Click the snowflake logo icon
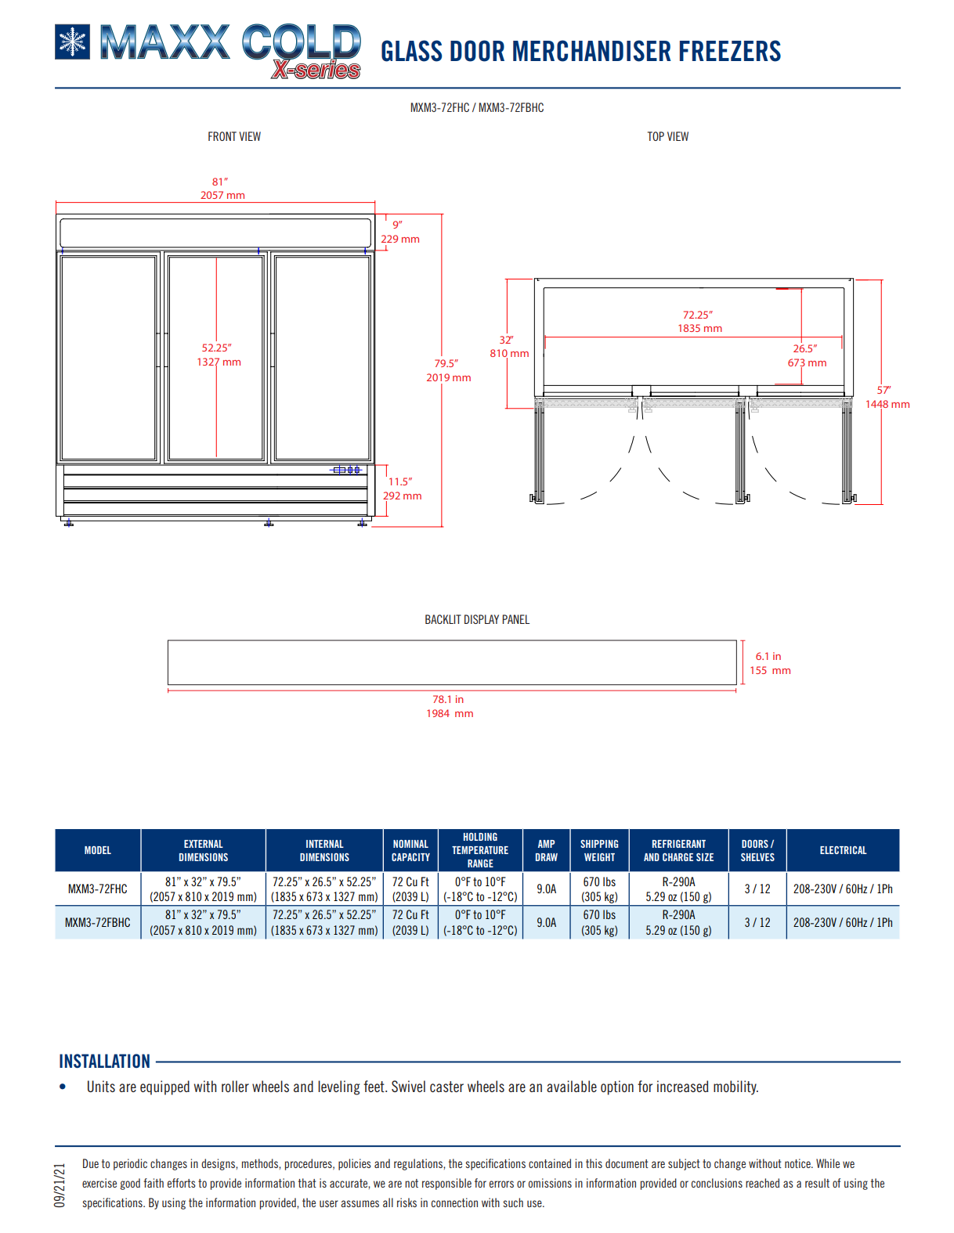(x=72, y=42)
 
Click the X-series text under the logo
(x=316, y=70)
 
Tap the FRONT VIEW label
(x=234, y=137)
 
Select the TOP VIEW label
(x=667, y=137)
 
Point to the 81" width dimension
(x=222, y=189)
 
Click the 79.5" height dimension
(x=448, y=370)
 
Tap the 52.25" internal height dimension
(x=219, y=355)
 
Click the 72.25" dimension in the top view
(x=699, y=322)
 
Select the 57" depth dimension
(x=887, y=397)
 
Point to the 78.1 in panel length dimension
(x=450, y=706)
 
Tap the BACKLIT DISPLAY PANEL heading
(x=477, y=620)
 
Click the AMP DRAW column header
(x=546, y=850)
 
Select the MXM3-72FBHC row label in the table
(x=98, y=922)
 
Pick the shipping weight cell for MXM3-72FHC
(x=599, y=889)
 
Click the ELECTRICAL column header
(x=843, y=850)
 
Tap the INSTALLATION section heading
(x=105, y=1062)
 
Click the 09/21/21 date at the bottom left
(x=60, y=1185)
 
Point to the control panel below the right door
(x=346, y=470)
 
